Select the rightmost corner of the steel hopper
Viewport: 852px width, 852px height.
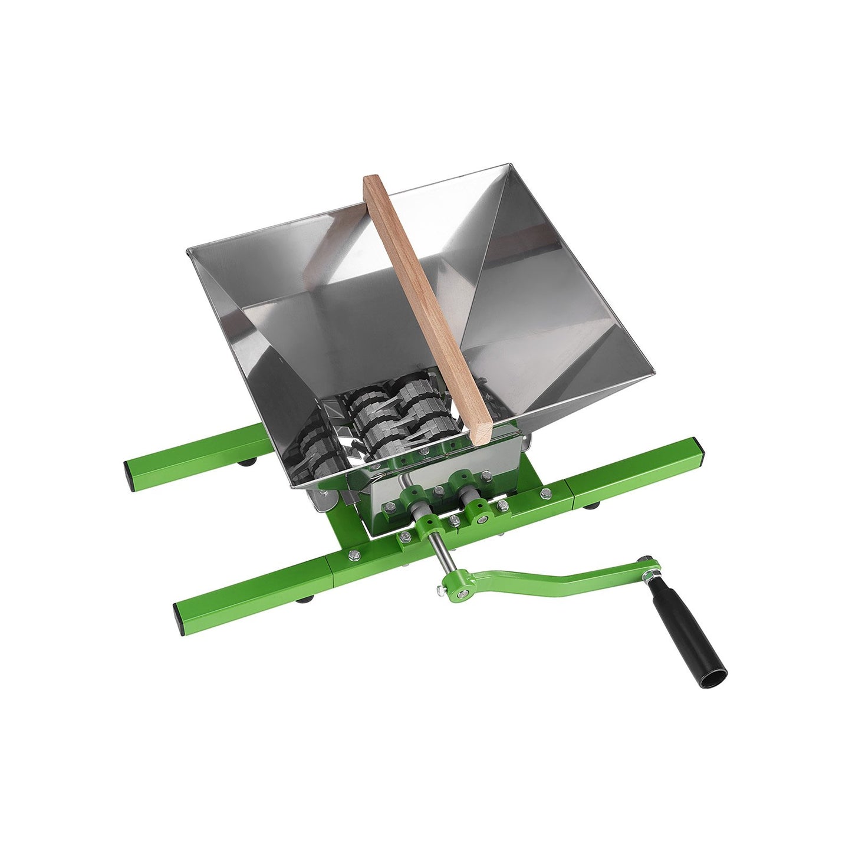[x=654, y=373]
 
